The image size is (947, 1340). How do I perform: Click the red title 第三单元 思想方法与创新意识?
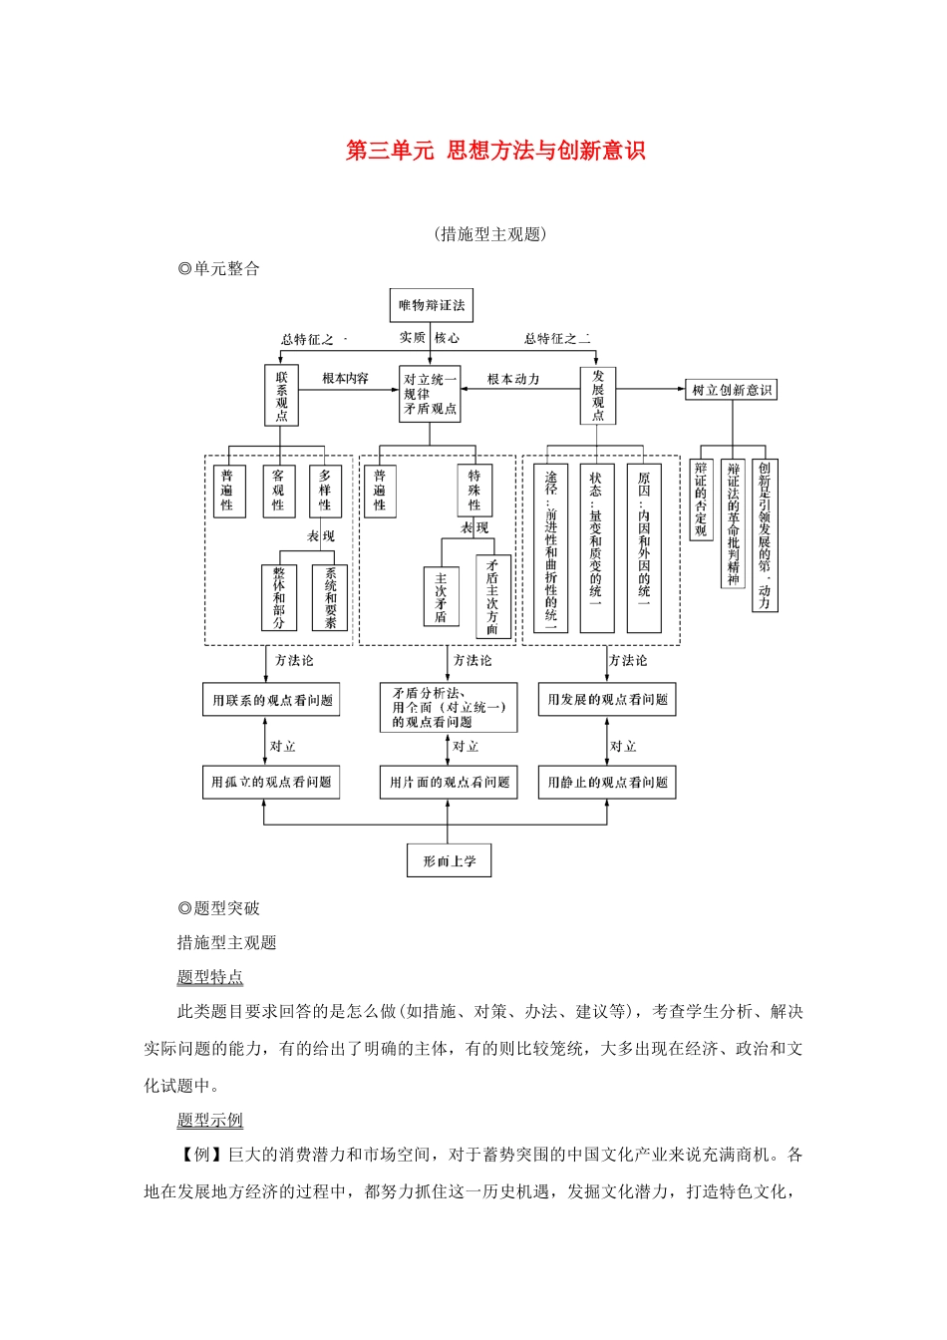495,151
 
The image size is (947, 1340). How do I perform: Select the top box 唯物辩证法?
431,305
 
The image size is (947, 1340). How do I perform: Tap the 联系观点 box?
281,396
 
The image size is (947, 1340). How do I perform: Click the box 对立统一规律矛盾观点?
430,394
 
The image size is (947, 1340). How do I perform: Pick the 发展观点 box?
598,396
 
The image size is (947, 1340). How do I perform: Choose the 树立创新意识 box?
732,390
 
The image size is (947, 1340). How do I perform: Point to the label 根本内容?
345,379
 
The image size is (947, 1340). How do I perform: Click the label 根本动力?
513,379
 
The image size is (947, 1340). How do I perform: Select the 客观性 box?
278,491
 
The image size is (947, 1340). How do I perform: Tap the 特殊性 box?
474,491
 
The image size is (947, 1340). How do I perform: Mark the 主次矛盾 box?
441,597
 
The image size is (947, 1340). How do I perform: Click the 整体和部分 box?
279,598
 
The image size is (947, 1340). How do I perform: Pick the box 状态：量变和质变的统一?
596,548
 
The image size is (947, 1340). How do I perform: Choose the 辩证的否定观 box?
701,499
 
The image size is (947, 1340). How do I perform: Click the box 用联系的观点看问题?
271,700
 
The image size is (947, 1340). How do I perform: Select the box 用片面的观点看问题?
449,783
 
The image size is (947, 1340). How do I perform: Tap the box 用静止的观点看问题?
607,783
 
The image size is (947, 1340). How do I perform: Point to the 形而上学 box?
449,860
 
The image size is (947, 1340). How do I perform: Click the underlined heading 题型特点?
210,977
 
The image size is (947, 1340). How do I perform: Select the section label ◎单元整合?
218,268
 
